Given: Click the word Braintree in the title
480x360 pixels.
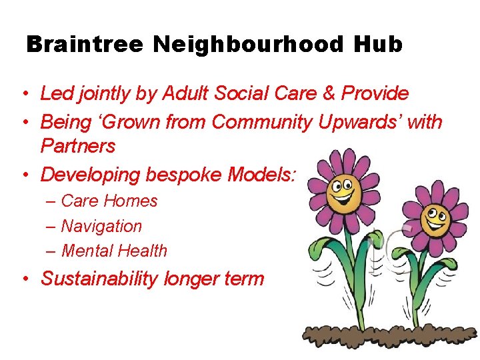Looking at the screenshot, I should pyautogui.click(x=85, y=45).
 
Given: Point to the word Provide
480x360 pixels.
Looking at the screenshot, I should pyautogui.click(x=375, y=94).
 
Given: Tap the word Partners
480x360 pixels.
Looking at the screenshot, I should pyautogui.click(x=78, y=145).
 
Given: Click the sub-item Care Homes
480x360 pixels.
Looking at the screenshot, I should pyautogui.click(x=109, y=201).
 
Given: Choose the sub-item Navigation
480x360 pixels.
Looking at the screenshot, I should pyautogui.click(x=101, y=226).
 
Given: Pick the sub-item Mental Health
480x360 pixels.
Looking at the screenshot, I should pyautogui.click(x=114, y=251).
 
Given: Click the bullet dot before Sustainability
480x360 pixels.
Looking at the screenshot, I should pyautogui.click(x=25, y=279).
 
